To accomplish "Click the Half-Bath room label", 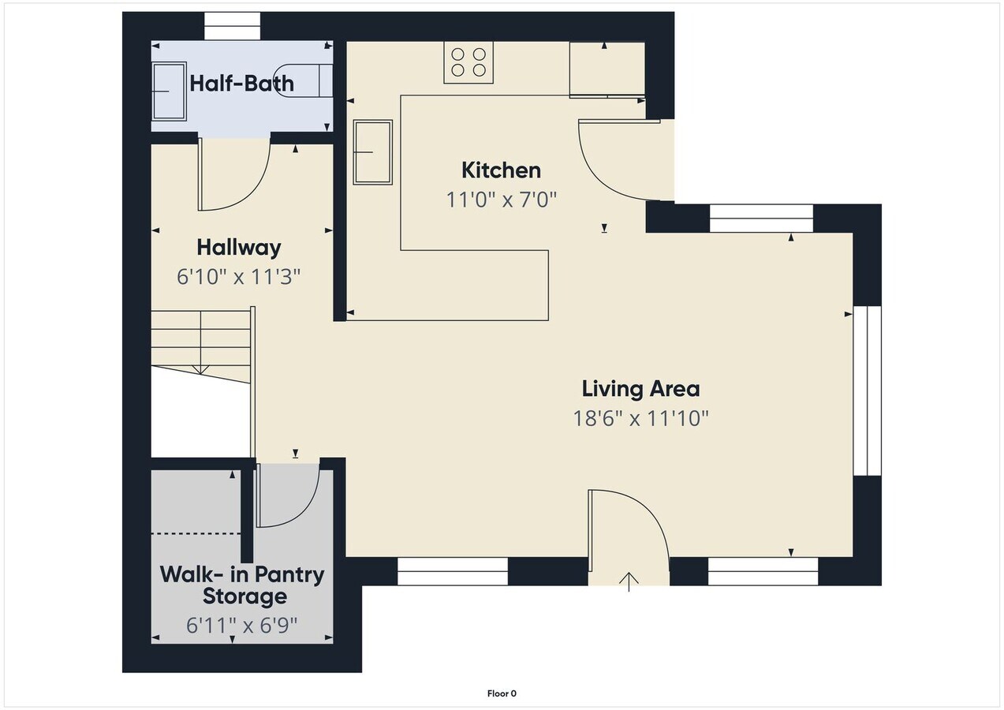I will (x=241, y=83).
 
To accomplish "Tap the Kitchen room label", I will (x=501, y=170).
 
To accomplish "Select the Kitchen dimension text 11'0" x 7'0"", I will (x=502, y=199).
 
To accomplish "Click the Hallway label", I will (x=238, y=248).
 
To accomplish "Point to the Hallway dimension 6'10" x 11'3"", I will (x=239, y=277).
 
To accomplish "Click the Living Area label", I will (x=640, y=389).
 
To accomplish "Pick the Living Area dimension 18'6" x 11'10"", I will (x=640, y=418).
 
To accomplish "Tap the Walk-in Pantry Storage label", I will (x=242, y=585).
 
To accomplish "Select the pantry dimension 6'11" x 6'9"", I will (x=242, y=626).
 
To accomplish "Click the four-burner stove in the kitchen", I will (x=468, y=62).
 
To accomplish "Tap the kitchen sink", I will (x=372, y=151).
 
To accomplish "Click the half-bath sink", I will (x=169, y=91).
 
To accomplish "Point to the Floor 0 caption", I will (x=502, y=693).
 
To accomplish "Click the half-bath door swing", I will (x=233, y=175).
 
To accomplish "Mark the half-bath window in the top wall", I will (x=233, y=27).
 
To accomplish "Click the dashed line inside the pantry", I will (x=196, y=534).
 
